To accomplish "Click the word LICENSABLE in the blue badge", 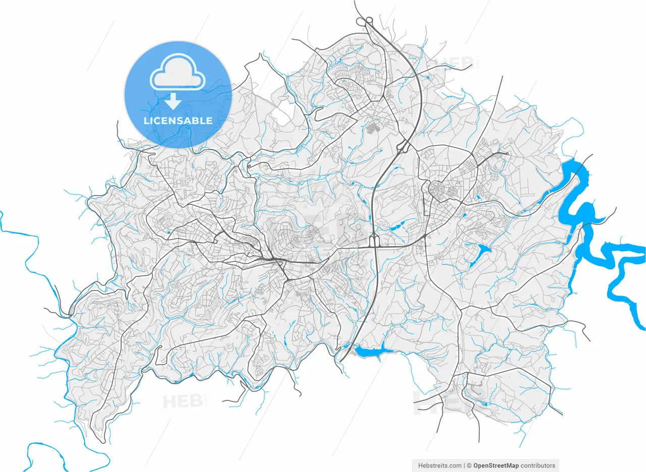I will coord(178,121).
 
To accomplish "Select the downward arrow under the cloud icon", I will coord(173,101).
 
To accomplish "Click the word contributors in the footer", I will coord(539,465).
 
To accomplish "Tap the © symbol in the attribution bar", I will coord(469,465).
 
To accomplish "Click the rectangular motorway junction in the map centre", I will coord(374,241).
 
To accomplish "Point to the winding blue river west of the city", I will coord(35,262).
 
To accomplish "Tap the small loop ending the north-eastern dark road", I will coord(506,153).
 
